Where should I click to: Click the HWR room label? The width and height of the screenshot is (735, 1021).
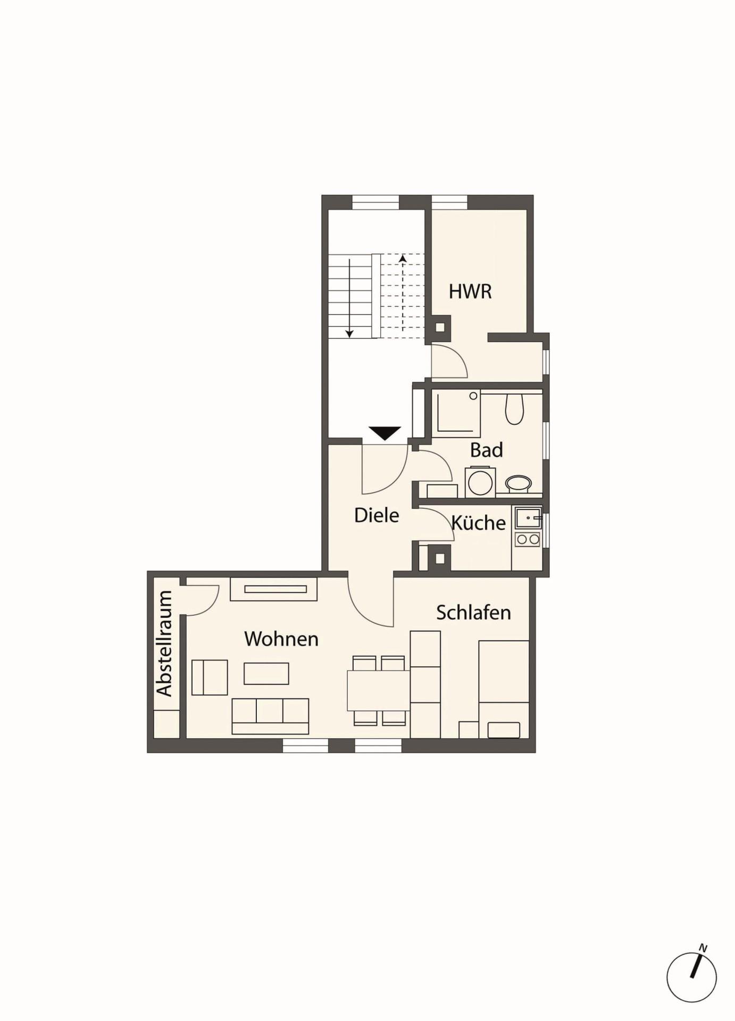tap(470, 291)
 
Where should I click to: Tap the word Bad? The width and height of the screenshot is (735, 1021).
tap(486, 450)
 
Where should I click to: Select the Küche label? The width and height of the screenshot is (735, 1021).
tap(478, 522)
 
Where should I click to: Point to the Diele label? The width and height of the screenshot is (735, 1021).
tap(377, 515)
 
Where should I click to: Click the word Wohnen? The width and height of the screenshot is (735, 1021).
tap(281, 638)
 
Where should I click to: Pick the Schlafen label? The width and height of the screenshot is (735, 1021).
tap(473, 612)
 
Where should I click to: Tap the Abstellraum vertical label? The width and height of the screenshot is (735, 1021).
tap(164, 643)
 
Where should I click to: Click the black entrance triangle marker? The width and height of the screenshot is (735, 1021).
tap(385, 433)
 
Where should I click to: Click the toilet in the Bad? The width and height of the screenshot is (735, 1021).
tap(514, 409)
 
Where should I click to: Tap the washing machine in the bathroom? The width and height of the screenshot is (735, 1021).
tap(480, 482)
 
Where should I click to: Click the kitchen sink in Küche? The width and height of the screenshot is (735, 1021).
tap(528, 517)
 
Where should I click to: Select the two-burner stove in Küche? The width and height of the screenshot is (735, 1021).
tap(528, 540)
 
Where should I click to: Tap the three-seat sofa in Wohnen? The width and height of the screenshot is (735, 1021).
tap(270, 716)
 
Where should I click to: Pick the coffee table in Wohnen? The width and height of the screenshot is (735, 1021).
tap(266, 673)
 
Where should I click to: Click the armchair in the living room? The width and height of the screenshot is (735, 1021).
tap(210, 677)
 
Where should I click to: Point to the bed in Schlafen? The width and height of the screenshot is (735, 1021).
tap(504, 689)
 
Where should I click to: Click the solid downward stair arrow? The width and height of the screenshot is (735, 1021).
tap(349, 298)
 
